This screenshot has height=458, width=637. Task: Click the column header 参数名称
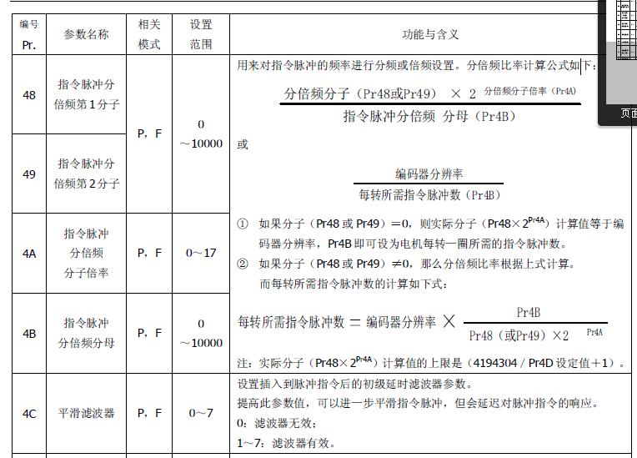[87, 34]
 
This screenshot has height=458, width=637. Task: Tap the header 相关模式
[149, 34]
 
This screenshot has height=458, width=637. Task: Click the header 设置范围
[201, 34]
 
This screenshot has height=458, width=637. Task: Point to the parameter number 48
[29, 95]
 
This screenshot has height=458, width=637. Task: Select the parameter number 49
[29, 174]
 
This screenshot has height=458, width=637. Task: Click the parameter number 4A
[29, 253]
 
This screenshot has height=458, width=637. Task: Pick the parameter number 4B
[29, 333]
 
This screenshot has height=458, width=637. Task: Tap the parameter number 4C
[29, 413]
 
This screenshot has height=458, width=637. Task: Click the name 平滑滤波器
[87, 413]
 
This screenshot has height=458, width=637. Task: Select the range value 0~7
[201, 413]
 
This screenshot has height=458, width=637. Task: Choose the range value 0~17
[201, 253]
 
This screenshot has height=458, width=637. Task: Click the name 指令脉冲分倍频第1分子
[87, 95]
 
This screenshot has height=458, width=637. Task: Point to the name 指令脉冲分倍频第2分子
[87, 174]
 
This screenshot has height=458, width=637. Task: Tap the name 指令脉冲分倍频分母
[87, 333]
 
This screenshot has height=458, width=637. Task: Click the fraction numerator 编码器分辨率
[429, 174]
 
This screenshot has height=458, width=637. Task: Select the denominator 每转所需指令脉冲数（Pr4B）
[429, 195]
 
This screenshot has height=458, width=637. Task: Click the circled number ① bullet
[243, 224]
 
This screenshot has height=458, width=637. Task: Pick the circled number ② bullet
[243, 264]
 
